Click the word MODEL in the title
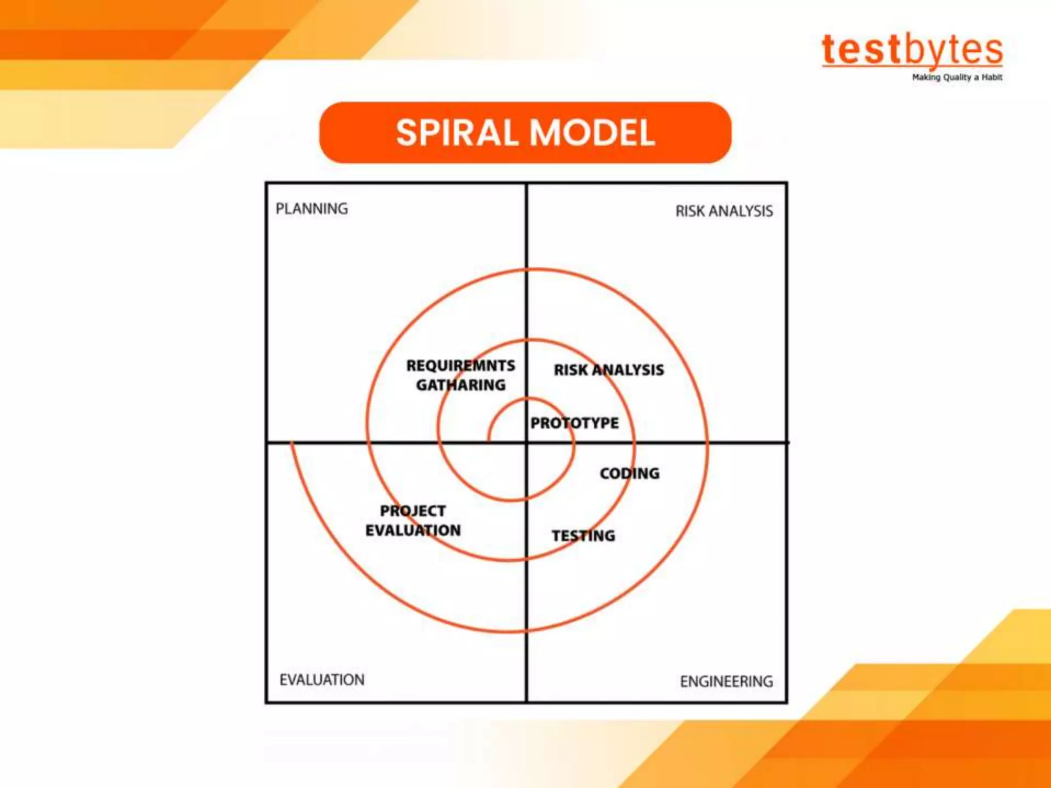click(x=592, y=133)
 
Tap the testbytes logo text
click(x=912, y=50)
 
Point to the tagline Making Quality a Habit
click(x=957, y=77)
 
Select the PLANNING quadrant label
click(x=312, y=209)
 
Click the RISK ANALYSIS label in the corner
click(x=724, y=211)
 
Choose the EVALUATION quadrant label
click(x=322, y=680)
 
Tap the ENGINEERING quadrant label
click(x=726, y=681)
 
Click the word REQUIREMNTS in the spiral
click(x=460, y=366)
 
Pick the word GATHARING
click(x=460, y=385)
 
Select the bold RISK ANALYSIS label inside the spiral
click(x=609, y=370)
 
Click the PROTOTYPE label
click(x=574, y=423)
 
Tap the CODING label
click(x=630, y=473)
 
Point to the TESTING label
click(x=583, y=536)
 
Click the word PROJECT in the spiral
click(x=413, y=511)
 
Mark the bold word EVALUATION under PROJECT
click(x=413, y=530)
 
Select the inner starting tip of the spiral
click(x=489, y=439)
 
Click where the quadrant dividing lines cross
click(x=527, y=442)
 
